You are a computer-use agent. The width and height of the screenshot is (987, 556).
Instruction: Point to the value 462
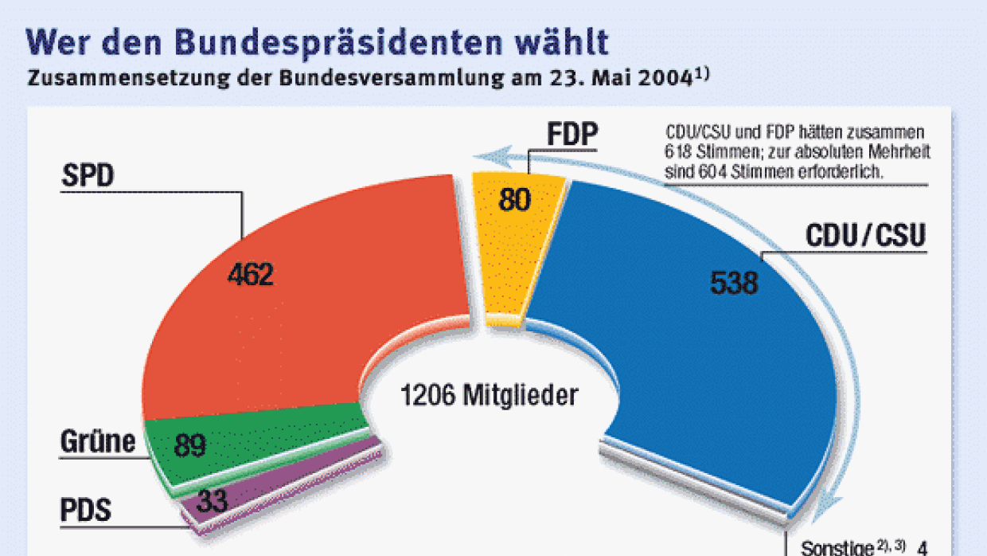coord(250,275)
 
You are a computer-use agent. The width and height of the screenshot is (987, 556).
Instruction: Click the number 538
coord(733,282)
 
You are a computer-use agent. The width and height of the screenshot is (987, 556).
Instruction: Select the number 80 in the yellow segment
coord(514,200)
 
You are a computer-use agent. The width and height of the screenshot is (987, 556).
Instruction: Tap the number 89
coord(190,445)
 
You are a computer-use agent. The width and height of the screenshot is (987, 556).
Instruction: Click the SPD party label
coord(88,176)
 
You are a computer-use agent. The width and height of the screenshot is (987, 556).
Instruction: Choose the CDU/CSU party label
coord(866,237)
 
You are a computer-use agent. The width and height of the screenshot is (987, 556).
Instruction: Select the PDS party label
coord(86,509)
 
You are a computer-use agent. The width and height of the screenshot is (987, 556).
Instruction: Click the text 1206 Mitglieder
coord(489,395)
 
